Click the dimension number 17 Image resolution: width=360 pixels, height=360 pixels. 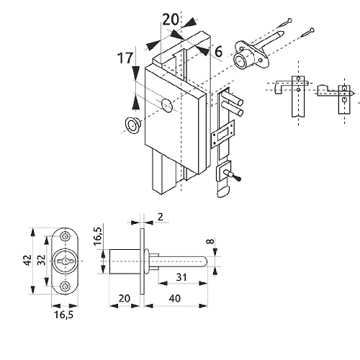click(x=125, y=58)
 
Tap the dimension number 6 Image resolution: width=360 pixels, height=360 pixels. click(x=218, y=52)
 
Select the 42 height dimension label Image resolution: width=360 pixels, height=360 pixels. click(x=28, y=260)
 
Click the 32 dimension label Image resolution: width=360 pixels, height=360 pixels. click(x=42, y=260)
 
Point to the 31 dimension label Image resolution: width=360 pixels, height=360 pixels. click(x=181, y=277)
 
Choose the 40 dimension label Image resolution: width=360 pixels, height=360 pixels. click(x=175, y=298)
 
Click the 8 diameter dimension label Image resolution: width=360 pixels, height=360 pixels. click(x=210, y=241)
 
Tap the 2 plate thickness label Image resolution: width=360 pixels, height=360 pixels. click(x=161, y=217)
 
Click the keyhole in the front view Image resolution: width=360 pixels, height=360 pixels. click(x=65, y=261)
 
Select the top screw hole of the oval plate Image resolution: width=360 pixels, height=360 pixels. click(x=65, y=237)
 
